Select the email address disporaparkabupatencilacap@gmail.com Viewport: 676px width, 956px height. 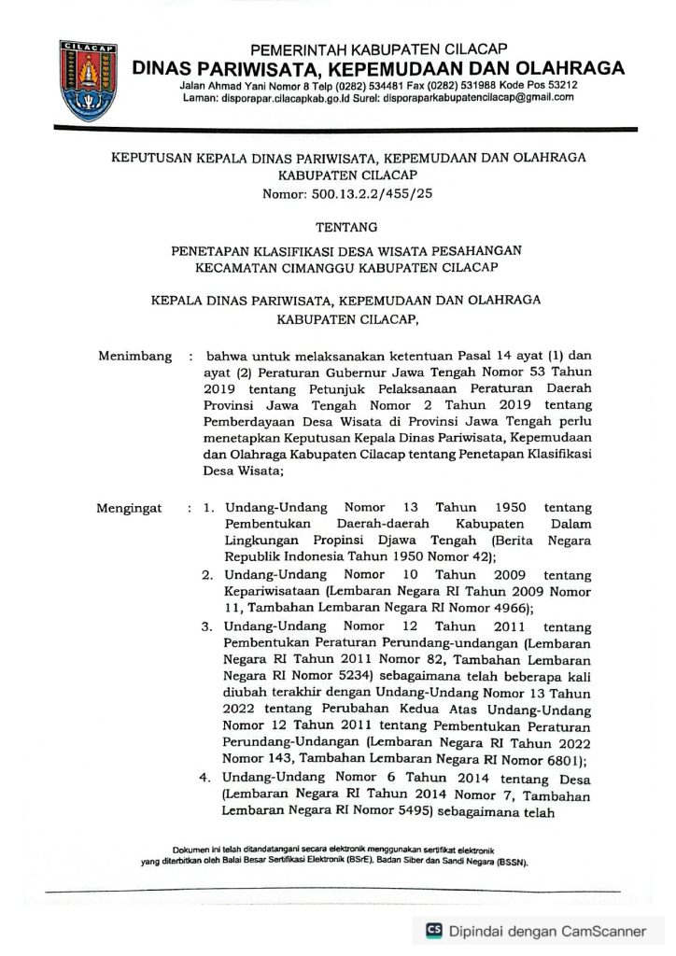475,99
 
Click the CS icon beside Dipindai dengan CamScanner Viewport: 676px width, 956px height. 433,930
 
